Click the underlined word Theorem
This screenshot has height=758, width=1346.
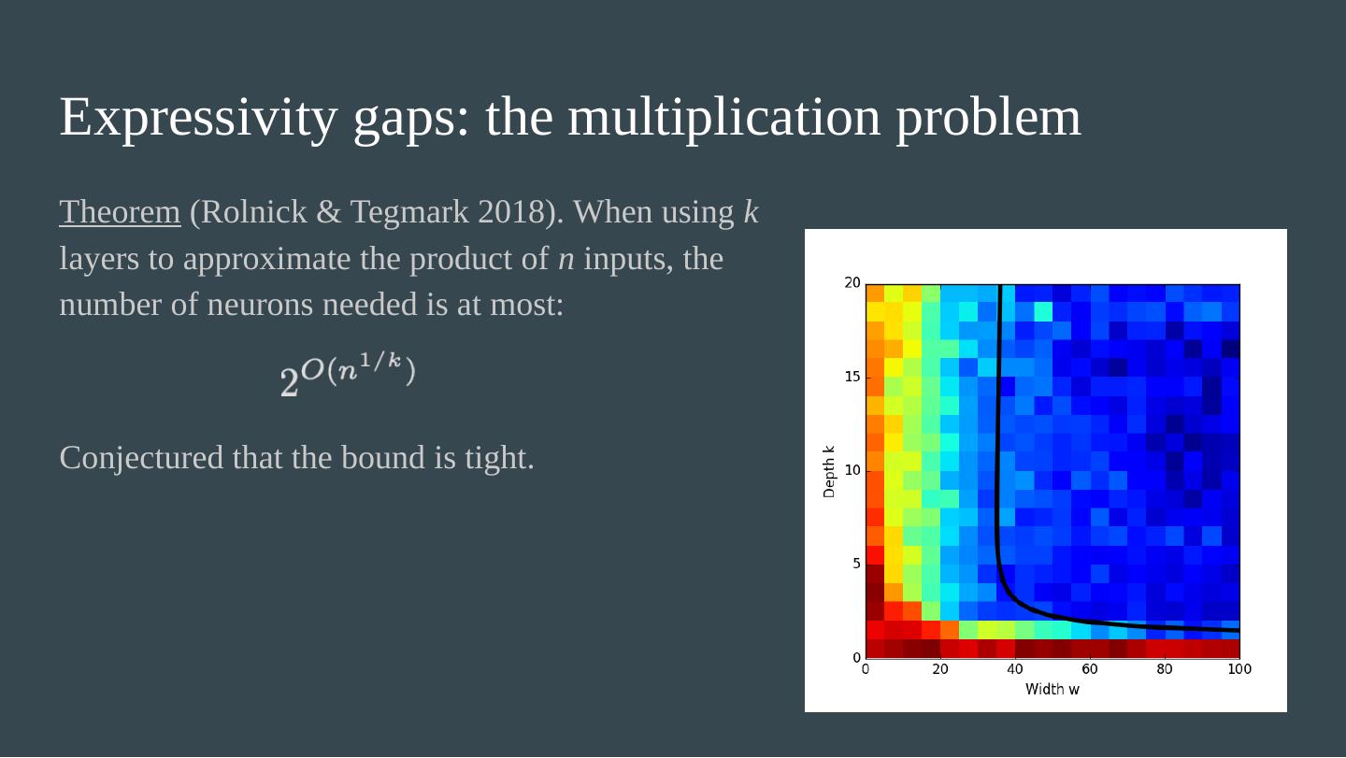coord(120,213)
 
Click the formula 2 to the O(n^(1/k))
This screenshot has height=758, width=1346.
coord(348,376)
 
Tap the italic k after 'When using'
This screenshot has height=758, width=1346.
coord(751,213)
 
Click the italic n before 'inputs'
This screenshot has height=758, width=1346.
coord(566,259)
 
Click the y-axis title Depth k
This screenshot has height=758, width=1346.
coord(829,471)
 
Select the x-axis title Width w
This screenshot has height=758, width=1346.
coord(1052,690)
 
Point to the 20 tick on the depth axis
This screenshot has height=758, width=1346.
coord(852,283)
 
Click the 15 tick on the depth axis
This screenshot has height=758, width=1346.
coord(852,377)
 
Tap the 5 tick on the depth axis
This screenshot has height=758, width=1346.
coord(855,564)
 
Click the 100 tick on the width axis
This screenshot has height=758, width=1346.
coord(1239,669)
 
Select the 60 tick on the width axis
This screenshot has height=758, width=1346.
coord(1090,669)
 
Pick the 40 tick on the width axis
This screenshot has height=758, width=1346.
coord(1015,669)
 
